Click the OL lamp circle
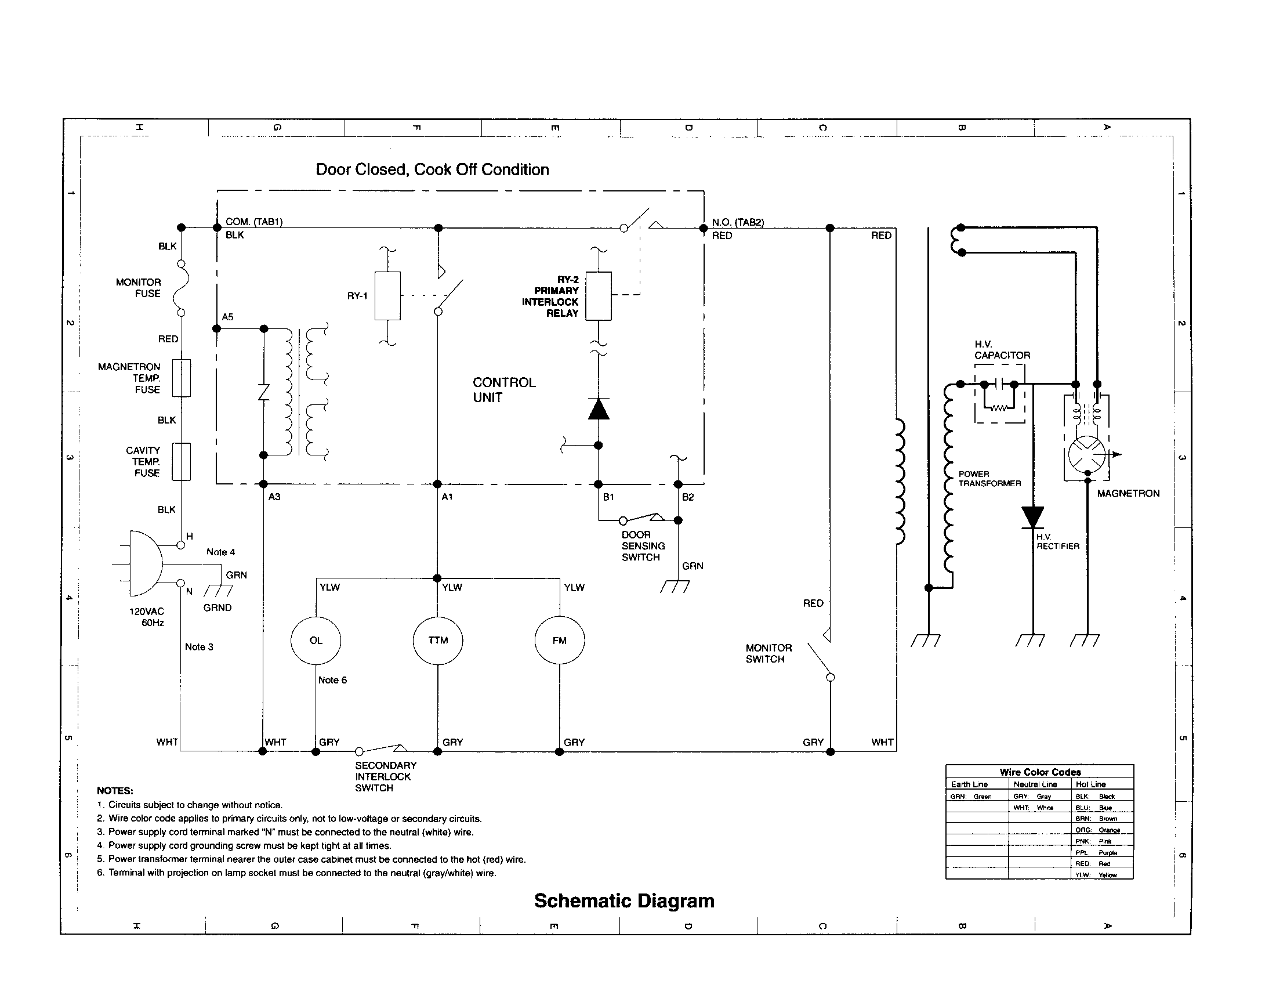point(316,641)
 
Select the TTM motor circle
point(437,641)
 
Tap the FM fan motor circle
point(559,641)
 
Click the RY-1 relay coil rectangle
point(387,296)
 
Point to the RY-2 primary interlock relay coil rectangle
point(599,296)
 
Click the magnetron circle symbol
point(1087,455)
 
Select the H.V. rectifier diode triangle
point(1032,518)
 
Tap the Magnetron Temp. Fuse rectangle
point(182,378)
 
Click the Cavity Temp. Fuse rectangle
point(182,462)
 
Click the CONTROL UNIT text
point(503,390)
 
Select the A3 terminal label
point(274,497)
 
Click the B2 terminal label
point(688,497)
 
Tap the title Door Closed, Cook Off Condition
point(432,169)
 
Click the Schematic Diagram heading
point(623,900)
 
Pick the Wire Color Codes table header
point(1039,772)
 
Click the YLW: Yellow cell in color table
point(1102,875)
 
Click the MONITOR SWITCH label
point(768,653)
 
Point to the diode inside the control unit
point(599,409)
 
